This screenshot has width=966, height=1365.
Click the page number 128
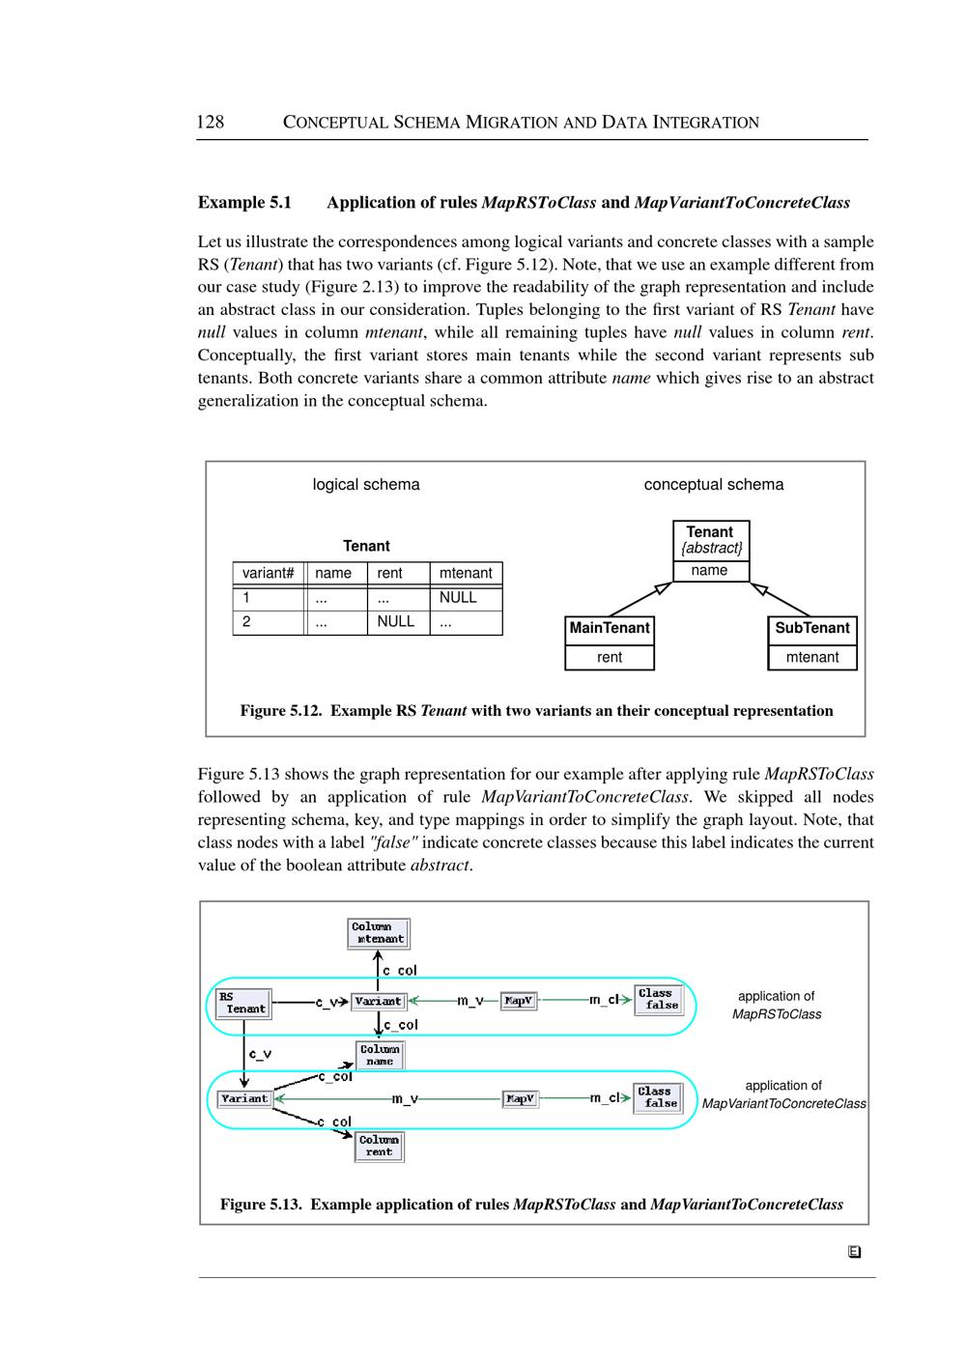point(210,122)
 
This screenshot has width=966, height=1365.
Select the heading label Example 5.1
point(244,202)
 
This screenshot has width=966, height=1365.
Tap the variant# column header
point(268,573)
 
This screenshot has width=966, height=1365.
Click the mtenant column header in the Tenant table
point(466,573)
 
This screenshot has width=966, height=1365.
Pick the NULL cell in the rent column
point(395,621)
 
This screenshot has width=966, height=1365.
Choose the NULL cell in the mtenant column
point(458,597)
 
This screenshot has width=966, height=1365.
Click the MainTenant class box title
point(610,628)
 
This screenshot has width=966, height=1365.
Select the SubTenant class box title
point(812,628)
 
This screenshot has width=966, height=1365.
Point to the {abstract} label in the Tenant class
point(711,548)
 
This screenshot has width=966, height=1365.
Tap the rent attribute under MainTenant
point(610,657)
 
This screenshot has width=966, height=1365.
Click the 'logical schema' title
point(366,484)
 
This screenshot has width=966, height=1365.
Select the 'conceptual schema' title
point(714,484)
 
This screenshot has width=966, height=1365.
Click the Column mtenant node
point(379,933)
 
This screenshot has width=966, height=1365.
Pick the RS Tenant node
point(241,1003)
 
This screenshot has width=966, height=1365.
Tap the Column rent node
point(379,1146)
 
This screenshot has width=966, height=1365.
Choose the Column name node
point(380,1055)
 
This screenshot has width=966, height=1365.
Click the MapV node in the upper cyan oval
point(519,1001)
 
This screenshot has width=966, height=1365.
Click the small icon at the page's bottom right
point(854,1252)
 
